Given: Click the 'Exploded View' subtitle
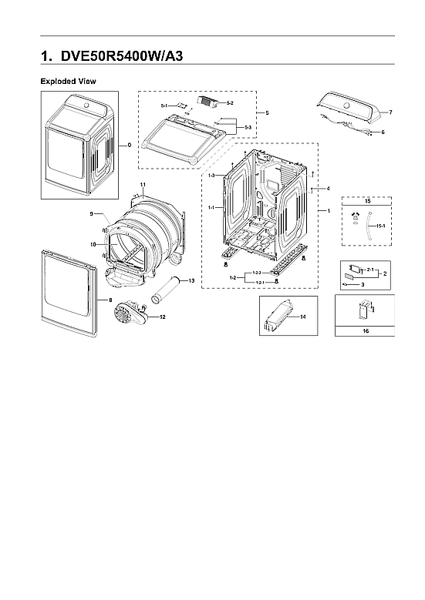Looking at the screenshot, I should (x=68, y=81).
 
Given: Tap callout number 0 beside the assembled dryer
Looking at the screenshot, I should (x=129, y=144).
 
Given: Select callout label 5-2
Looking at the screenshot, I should (x=220, y=102).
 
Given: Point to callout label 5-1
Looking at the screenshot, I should (x=164, y=105).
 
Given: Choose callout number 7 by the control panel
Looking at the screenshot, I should (x=390, y=112).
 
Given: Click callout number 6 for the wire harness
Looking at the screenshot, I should (x=383, y=132).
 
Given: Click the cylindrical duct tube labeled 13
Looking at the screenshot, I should (x=166, y=293).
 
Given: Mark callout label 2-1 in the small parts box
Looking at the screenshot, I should (x=370, y=270).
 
